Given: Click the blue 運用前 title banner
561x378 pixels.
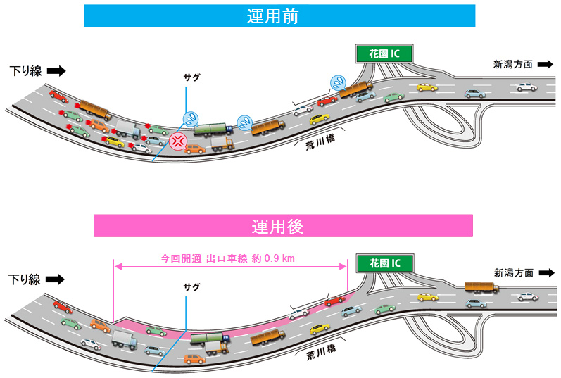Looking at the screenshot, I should [279, 15].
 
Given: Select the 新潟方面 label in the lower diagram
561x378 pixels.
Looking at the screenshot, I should [513, 272].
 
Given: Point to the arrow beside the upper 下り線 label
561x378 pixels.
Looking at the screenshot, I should [57, 70].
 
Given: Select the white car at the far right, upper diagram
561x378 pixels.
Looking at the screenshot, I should [525, 87].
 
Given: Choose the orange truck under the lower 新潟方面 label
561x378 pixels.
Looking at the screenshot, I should [481, 287].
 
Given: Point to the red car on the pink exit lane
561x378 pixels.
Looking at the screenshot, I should [334, 302].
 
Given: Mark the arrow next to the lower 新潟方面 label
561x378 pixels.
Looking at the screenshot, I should [544, 272].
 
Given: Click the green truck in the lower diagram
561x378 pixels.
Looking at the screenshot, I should [210, 339].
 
